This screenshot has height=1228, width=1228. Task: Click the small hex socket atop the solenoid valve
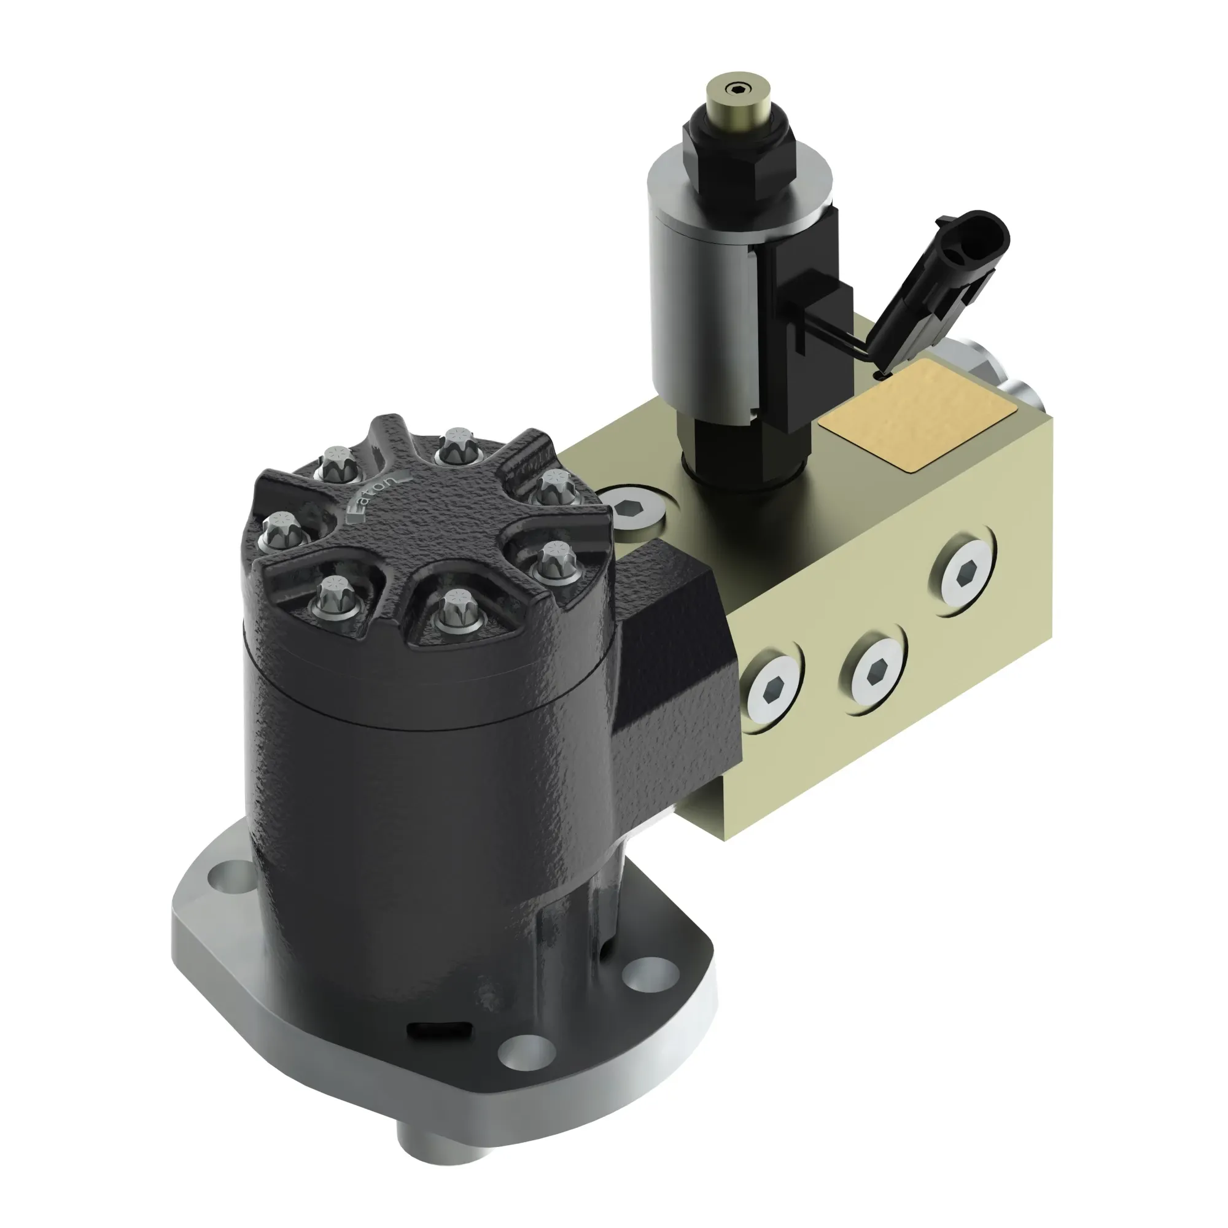point(739,89)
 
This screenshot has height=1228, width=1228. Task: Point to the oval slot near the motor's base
point(438,1047)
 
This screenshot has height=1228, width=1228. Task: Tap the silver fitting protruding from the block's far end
point(1024,397)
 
